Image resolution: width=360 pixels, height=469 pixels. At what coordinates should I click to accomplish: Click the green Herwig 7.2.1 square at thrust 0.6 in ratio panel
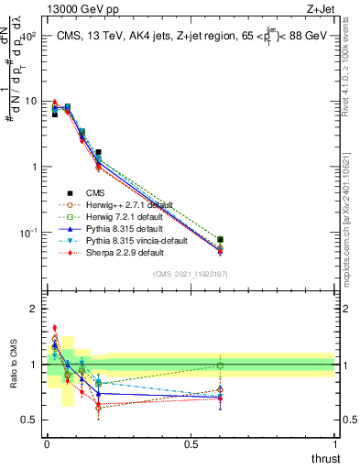point(220,365)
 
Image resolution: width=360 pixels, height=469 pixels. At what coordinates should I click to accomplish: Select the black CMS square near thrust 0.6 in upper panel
point(220,240)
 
